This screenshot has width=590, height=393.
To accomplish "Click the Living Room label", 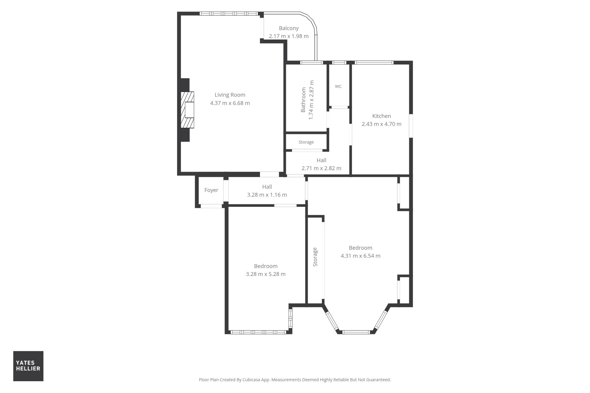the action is tap(230, 95).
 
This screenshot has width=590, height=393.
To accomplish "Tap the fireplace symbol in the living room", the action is tap(187, 110).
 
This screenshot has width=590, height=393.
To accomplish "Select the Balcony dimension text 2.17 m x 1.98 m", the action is tap(289, 36).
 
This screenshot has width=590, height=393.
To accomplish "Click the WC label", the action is tap(338, 86).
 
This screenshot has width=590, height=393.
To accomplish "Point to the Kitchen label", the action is tap(381, 116).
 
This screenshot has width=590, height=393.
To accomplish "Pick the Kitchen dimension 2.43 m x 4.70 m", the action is tap(381, 124).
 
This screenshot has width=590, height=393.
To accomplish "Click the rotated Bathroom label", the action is tap(303, 100).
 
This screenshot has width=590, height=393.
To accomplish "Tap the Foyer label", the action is tap(211, 190).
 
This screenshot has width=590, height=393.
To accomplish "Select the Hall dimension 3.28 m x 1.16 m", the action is tap(267, 195).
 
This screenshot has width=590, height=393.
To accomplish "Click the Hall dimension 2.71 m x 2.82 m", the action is tap(321, 168).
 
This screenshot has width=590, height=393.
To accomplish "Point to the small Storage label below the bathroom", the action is tap(306, 142).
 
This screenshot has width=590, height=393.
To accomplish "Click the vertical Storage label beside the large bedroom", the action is tap(315, 257).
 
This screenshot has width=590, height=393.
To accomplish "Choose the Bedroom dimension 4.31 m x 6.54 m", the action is tap(360, 256).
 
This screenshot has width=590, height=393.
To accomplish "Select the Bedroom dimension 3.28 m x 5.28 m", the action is tap(266, 274).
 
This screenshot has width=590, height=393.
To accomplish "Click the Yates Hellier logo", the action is tap(28, 366).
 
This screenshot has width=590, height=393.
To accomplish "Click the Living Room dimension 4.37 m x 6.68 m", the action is tap(230, 103).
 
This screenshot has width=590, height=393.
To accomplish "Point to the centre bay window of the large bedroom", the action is tap(356, 332).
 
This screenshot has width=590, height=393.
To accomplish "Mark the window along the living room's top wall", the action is tap(229, 14).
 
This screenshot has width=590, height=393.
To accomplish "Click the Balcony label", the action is tap(289, 28).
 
